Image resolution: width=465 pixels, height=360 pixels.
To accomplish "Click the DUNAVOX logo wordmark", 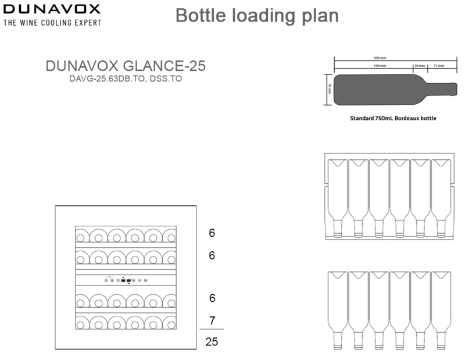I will pyautogui.click(x=52, y=9).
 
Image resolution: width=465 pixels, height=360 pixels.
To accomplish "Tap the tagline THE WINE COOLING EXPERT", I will pyautogui.click(x=52, y=23).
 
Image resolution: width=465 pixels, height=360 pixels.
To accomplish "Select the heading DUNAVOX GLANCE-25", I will pyautogui.click(x=126, y=66).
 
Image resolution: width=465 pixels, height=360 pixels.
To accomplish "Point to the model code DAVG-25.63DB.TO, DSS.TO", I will pyautogui.click(x=126, y=79).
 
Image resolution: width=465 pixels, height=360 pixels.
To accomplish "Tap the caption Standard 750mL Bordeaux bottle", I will pyautogui.click(x=392, y=118).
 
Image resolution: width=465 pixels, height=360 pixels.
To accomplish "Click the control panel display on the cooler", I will pyautogui.click(x=127, y=280).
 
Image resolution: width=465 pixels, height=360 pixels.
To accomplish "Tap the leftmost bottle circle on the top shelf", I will pyautogui.click(x=83, y=236).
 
